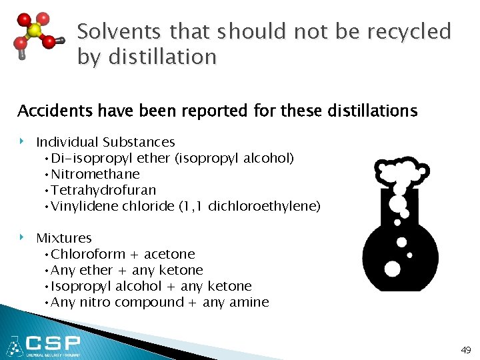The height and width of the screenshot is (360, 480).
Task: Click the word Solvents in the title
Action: [x=119, y=31]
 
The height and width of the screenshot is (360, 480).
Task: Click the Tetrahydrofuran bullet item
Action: [x=103, y=190]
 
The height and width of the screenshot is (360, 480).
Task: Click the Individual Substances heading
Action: [x=105, y=142]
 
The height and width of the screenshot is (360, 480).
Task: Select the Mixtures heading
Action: [x=64, y=238]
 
